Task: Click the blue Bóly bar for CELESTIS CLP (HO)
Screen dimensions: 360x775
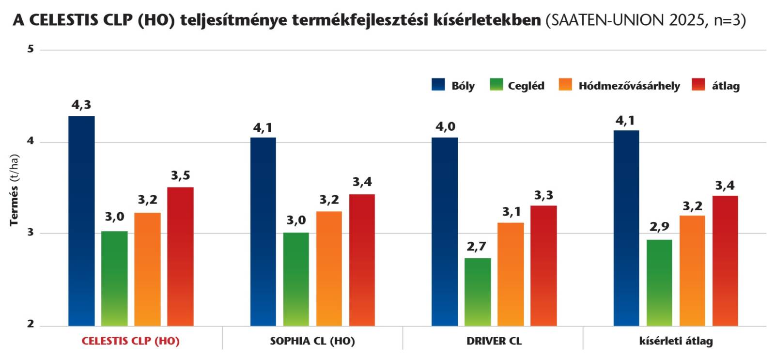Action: click(81, 221)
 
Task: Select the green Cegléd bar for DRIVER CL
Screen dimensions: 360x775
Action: click(478, 292)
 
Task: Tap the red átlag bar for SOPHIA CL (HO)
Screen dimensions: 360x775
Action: click(362, 260)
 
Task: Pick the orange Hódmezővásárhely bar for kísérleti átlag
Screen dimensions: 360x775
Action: click(692, 270)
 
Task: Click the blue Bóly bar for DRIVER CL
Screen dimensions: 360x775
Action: click(445, 232)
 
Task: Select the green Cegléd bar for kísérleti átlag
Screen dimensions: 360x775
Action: click(659, 282)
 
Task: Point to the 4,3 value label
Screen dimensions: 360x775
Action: click(81, 105)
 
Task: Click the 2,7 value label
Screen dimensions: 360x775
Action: click(477, 247)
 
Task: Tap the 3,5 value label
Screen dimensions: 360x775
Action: click(180, 175)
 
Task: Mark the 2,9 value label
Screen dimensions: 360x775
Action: click(659, 227)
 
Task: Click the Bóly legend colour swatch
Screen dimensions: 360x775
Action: click(438, 85)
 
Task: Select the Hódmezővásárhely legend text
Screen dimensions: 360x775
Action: click(629, 86)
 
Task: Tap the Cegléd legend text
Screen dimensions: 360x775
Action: click(526, 86)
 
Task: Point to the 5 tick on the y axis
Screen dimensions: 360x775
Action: click(31, 49)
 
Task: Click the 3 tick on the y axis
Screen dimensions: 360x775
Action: click(31, 233)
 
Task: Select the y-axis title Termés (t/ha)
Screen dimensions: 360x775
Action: click(14, 190)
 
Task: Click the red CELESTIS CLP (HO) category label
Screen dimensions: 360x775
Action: click(130, 341)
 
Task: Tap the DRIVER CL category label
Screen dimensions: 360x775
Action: click(494, 341)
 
